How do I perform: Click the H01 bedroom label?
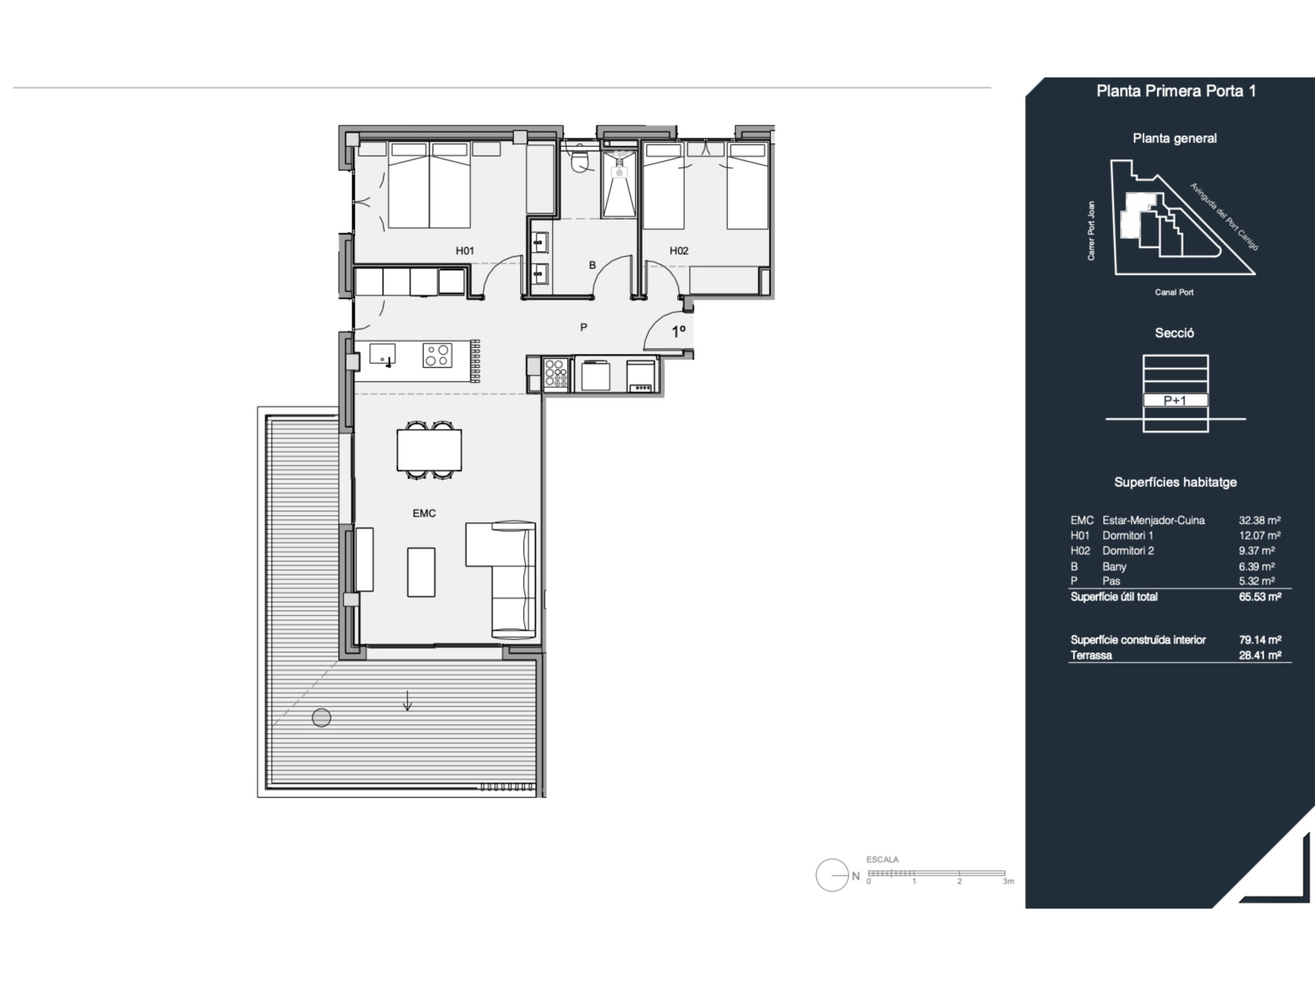pyautogui.click(x=465, y=250)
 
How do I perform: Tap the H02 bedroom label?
pyautogui.click(x=679, y=250)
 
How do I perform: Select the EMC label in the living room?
pyautogui.click(x=424, y=513)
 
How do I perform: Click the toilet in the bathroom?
pyautogui.click(x=580, y=160)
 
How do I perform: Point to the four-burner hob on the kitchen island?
pyautogui.click(x=437, y=356)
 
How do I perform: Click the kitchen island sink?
pyautogui.click(x=382, y=354)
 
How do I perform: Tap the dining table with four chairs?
pyautogui.click(x=429, y=450)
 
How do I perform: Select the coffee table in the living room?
pyautogui.click(x=421, y=573)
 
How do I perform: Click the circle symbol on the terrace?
pyautogui.click(x=322, y=718)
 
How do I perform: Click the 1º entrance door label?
pyautogui.click(x=679, y=332)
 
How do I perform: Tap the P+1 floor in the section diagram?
pyautogui.click(x=1175, y=400)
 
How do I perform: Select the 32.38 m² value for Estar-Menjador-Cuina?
pyautogui.click(x=1260, y=520)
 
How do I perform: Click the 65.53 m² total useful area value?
pyautogui.click(x=1260, y=597)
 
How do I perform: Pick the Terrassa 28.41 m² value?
pyautogui.click(x=1260, y=655)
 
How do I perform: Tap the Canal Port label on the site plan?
pyautogui.click(x=1174, y=292)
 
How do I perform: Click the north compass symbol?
pyautogui.click(x=833, y=876)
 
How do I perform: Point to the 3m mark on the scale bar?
pyautogui.click(x=1009, y=881)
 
